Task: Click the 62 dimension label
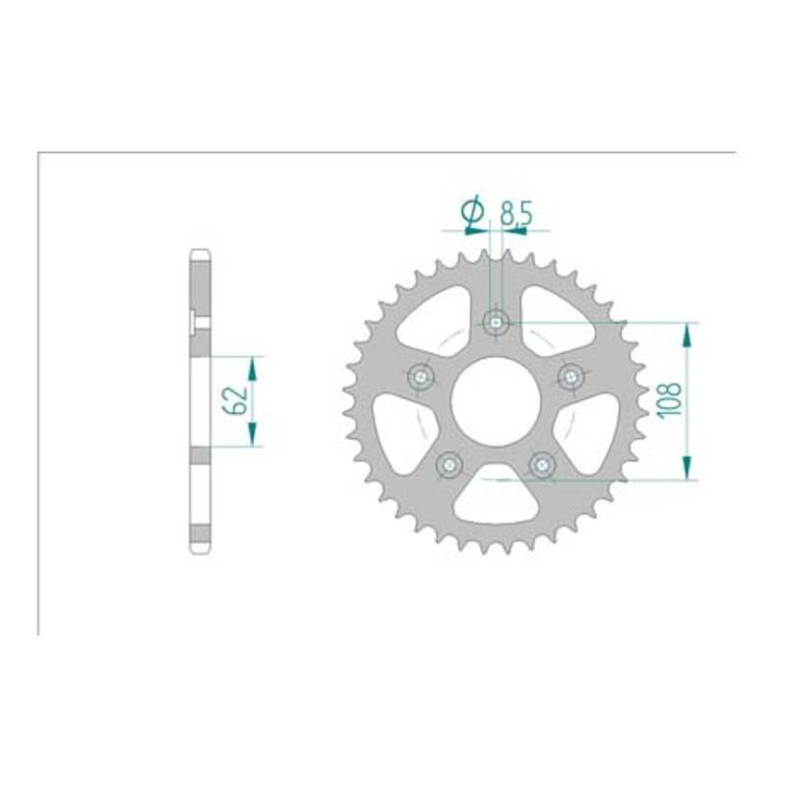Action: point(236,400)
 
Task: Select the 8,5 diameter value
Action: point(515,212)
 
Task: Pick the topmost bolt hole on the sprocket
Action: point(496,323)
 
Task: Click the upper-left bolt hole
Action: point(421,376)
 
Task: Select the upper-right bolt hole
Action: point(571,375)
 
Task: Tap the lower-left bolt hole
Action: point(449,464)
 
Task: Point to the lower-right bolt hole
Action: point(542,464)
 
